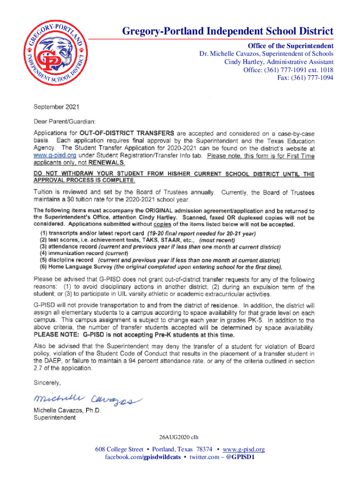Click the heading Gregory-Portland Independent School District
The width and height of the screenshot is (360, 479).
(228, 32)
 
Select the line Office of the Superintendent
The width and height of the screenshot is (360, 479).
(290, 46)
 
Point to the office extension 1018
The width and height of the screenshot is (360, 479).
(326, 70)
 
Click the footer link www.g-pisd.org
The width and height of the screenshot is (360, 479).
(242, 450)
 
